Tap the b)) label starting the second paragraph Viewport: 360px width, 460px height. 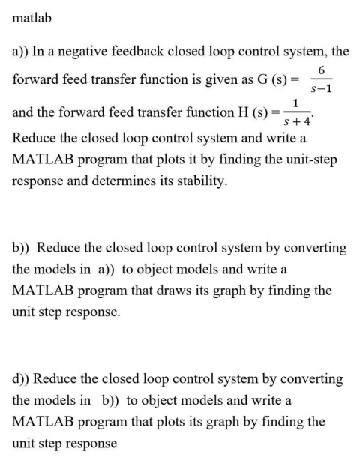click(22, 247)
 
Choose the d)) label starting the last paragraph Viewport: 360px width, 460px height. click(22, 379)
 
